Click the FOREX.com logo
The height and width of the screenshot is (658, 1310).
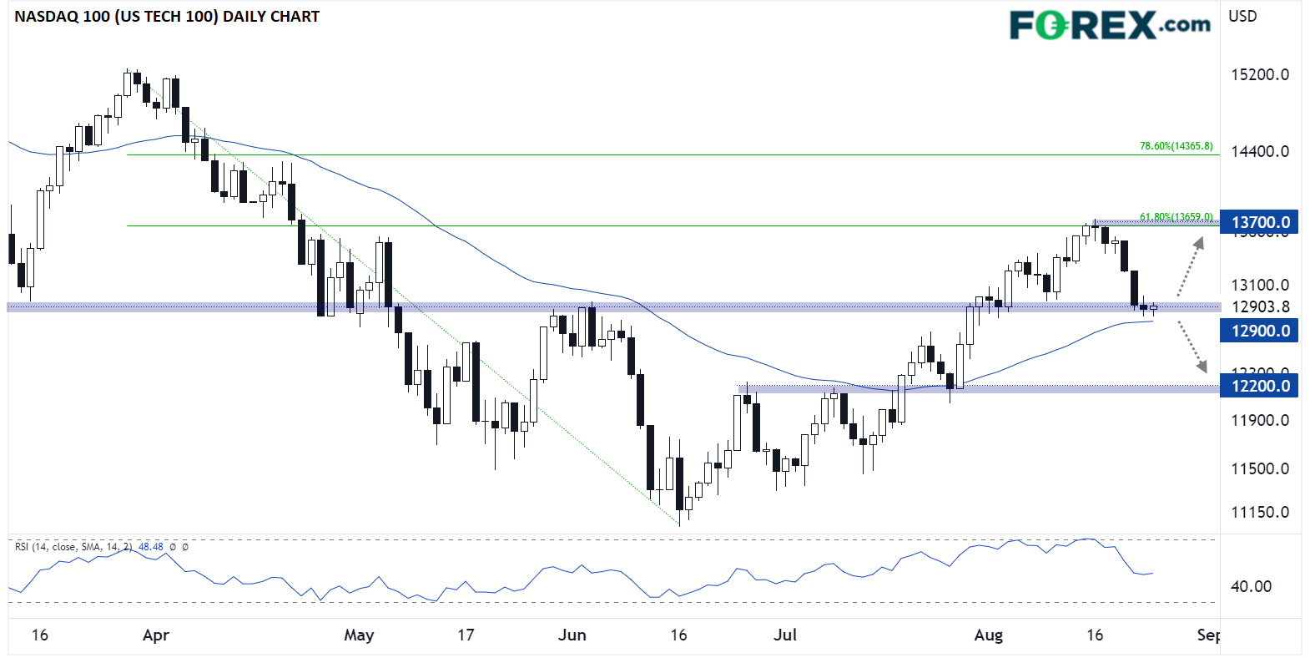pyautogui.click(x=1110, y=25)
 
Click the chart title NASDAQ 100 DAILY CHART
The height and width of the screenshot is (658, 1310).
pyautogui.click(x=167, y=17)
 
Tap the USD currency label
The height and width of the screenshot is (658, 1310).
pyautogui.click(x=1242, y=16)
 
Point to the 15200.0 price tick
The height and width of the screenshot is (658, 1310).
pyautogui.click(x=1260, y=74)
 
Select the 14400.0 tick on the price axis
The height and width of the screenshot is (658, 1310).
pyautogui.click(x=1260, y=151)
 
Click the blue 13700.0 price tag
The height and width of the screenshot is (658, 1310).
pyautogui.click(x=1260, y=222)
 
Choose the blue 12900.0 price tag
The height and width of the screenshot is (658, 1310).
pyautogui.click(x=1260, y=331)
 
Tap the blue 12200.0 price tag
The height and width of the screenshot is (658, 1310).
pyautogui.click(x=1260, y=386)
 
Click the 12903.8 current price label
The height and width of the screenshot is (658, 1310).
pyautogui.click(x=1260, y=306)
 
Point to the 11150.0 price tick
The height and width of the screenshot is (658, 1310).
pyautogui.click(x=1260, y=512)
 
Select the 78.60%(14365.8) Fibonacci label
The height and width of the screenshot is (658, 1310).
pyautogui.click(x=1176, y=146)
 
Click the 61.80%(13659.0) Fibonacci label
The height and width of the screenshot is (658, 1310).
pyautogui.click(x=1176, y=217)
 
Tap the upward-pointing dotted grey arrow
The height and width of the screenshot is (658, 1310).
pyautogui.click(x=1190, y=266)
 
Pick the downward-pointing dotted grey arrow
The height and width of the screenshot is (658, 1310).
pyautogui.click(x=1192, y=346)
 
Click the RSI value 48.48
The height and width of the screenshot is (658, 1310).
pyautogui.click(x=150, y=547)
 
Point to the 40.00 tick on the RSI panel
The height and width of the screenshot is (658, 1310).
pyautogui.click(x=1251, y=586)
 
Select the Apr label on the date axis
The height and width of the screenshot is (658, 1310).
pyautogui.click(x=156, y=635)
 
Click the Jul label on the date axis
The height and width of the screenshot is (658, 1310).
pyautogui.click(x=785, y=635)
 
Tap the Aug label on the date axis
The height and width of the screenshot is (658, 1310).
pyautogui.click(x=989, y=635)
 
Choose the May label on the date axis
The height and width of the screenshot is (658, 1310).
pyautogui.click(x=359, y=635)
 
